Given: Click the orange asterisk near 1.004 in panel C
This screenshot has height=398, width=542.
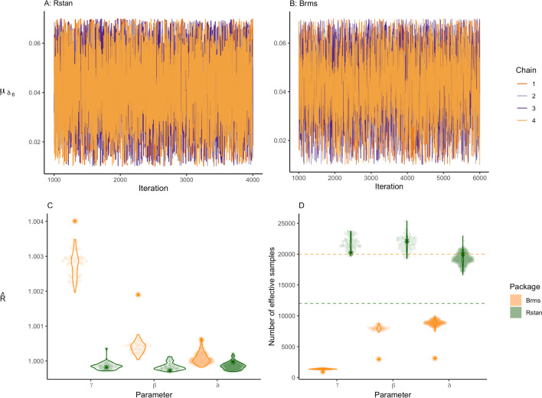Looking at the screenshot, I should coord(75,221).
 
